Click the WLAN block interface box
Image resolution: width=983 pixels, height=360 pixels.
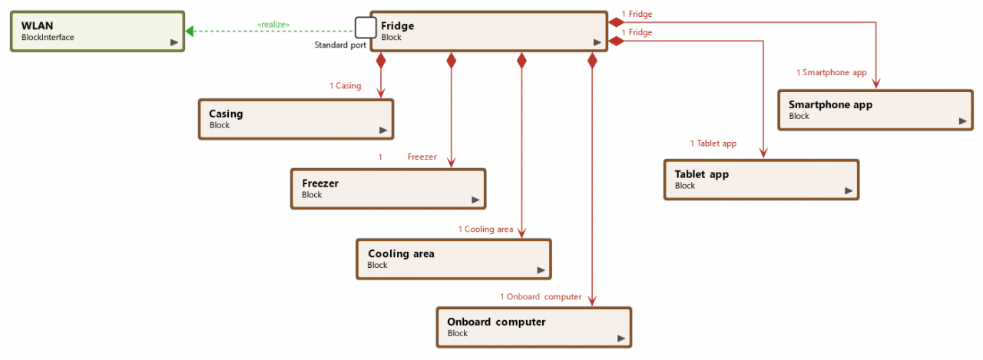click(x=98, y=31)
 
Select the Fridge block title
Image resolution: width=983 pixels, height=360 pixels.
click(x=397, y=26)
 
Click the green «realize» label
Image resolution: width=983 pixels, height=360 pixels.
click(x=273, y=25)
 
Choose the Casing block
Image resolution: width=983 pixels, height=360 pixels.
click(x=296, y=119)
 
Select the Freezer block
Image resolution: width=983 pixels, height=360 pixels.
click(x=388, y=189)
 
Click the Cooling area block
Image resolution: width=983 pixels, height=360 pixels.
click(x=454, y=259)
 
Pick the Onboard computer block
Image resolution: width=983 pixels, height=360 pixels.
click(x=534, y=327)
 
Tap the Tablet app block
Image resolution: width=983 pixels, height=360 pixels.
click(x=761, y=180)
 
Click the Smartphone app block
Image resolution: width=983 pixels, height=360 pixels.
click(x=875, y=110)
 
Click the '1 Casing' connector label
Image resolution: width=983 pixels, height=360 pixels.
click(x=345, y=86)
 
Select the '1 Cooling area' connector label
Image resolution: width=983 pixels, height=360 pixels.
click(x=485, y=230)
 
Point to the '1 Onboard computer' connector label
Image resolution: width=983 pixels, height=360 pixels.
click(x=541, y=297)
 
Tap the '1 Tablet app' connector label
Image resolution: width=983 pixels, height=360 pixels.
click(x=713, y=144)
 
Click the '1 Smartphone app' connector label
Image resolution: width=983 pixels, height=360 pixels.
click(x=831, y=73)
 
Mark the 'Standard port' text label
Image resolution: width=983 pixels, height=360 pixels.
click(x=340, y=45)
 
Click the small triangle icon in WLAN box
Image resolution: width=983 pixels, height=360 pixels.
click(x=174, y=43)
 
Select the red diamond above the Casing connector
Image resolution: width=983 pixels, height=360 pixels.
click(x=381, y=61)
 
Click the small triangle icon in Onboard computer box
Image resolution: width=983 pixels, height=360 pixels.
click(x=621, y=338)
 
